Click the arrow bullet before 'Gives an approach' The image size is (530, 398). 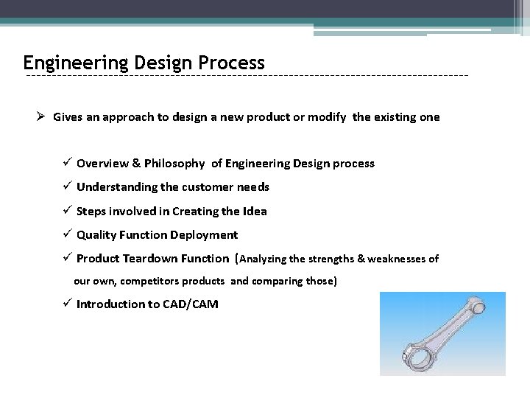(42, 116)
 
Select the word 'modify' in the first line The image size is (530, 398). (327, 117)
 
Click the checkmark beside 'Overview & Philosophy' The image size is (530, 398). (66, 163)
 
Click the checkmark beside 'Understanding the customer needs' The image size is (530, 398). (66, 186)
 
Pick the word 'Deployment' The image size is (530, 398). (204, 235)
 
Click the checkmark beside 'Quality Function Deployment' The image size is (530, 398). (66, 234)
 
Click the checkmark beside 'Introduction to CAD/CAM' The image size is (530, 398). (66, 304)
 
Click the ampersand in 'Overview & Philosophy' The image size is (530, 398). (135, 164)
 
